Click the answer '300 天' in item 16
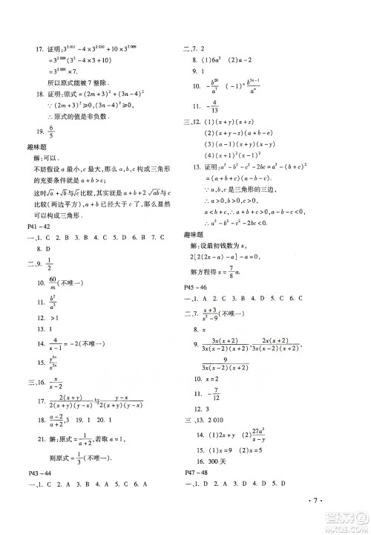pos(223,461)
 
